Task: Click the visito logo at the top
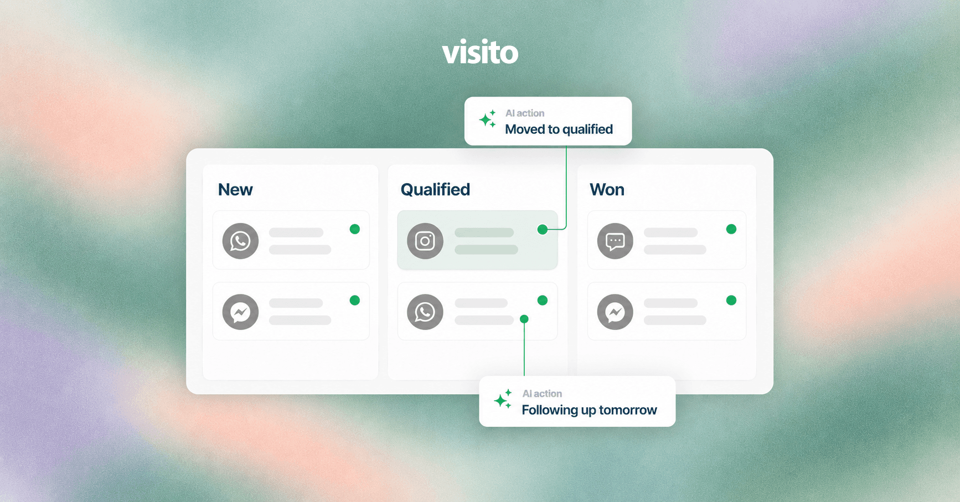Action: [480, 52]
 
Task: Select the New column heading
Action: [235, 190]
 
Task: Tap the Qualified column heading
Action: [435, 190]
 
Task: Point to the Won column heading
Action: [607, 190]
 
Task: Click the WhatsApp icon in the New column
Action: [240, 241]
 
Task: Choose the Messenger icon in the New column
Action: [240, 312]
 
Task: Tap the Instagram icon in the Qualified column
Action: [425, 241]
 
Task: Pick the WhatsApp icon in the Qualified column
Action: [425, 312]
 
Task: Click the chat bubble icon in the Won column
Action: [615, 241]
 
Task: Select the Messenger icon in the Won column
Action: [615, 312]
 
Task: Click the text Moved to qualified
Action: [559, 130]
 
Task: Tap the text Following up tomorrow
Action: [589, 410]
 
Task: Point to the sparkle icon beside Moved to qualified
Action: [488, 119]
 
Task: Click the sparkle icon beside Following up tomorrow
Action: [503, 399]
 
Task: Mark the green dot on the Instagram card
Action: [543, 229]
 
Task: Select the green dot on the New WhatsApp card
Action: [355, 229]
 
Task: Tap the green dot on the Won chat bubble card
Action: [731, 229]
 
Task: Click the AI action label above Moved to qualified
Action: [525, 113]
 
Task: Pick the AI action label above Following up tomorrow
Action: [542, 394]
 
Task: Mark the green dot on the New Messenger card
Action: [355, 301]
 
